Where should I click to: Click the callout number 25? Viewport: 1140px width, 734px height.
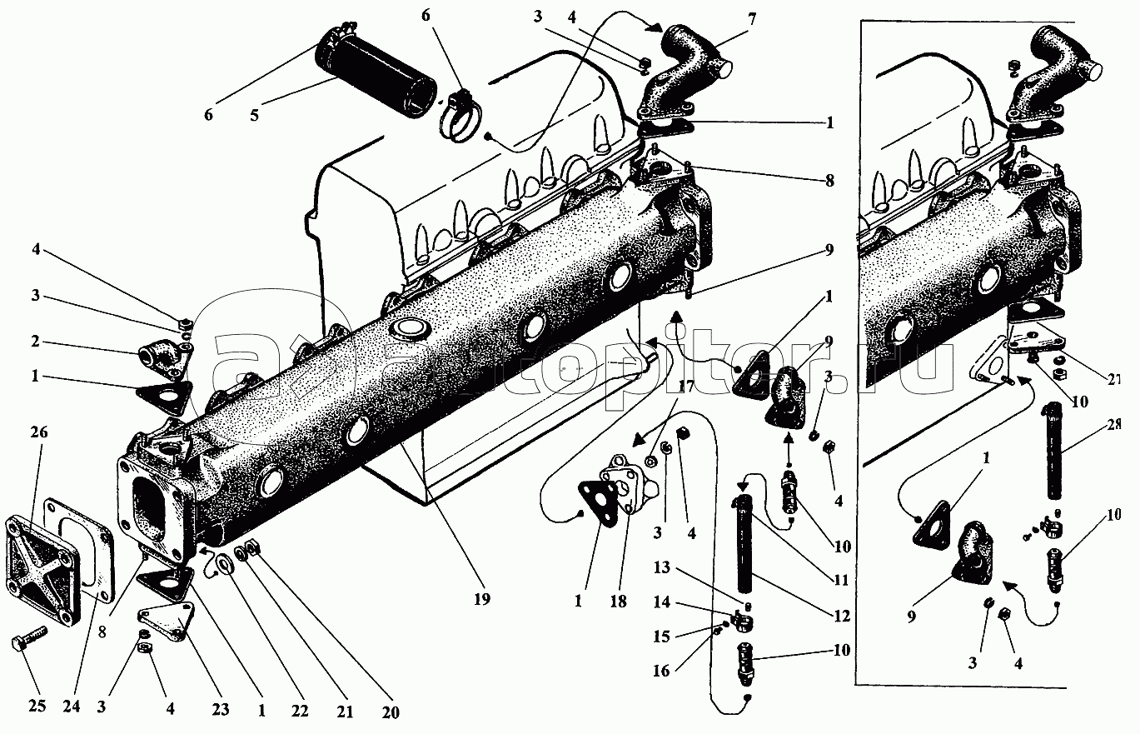[36, 707]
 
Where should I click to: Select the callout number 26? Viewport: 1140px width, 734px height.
[39, 432]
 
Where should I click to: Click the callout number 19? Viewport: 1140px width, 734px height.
[482, 597]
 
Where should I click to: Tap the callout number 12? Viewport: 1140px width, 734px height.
[839, 616]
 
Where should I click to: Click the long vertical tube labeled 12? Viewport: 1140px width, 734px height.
[744, 551]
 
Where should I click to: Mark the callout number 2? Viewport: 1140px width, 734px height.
[36, 342]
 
